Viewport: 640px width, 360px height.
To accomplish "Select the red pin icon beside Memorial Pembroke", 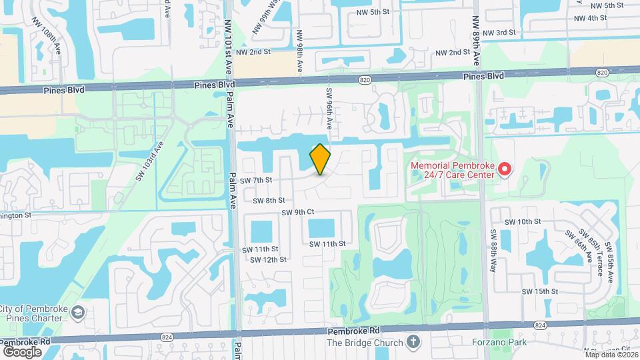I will [x=505, y=169].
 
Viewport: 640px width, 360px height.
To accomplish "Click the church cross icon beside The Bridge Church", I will [x=414, y=343].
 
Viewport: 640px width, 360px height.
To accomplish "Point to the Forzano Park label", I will [x=497, y=343].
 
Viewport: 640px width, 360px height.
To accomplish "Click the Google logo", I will [x=22, y=351].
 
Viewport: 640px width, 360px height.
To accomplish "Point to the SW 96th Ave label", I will [x=329, y=107].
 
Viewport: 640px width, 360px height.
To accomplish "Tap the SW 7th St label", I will [x=256, y=181].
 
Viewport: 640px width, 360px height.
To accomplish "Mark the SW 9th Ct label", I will [x=297, y=212].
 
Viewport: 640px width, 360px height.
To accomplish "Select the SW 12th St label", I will [x=269, y=259].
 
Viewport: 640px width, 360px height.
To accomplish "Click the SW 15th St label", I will [x=539, y=291].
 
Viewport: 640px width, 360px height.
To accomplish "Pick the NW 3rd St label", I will [x=499, y=33].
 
